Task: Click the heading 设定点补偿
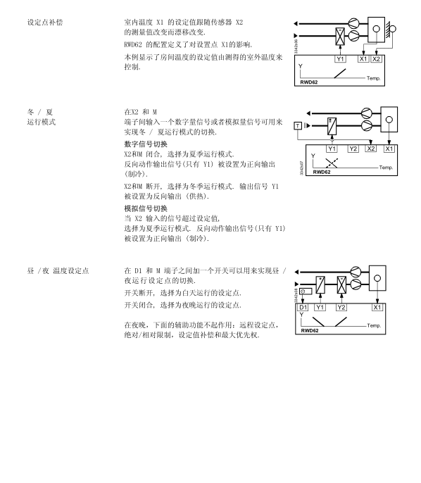pyautogui.click(x=45, y=23)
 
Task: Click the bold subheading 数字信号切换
pyautogui.click(x=146, y=144)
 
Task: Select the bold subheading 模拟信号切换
pyautogui.click(x=146, y=208)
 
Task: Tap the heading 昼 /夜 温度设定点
pyautogui.click(x=58, y=271)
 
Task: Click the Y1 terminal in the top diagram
pyautogui.click(x=340, y=59)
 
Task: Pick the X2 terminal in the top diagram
pyautogui.click(x=377, y=59)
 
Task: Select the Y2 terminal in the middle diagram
pyautogui.click(x=353, y=149)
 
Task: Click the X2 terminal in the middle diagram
pyautogui.click(x=371, y=149)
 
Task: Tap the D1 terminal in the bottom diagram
pyautogui.click(x=303, y=307)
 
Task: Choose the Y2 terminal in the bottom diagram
pyautogui.click(x=341, y=307)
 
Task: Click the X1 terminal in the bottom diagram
pyautogui.click(x=377, y=307)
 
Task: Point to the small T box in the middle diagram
pyautogui.click(x=298, y=125)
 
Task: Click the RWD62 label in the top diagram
pyautogui.click(x=309, y=82)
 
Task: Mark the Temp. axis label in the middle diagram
pyautogui.click(x=386, y=168)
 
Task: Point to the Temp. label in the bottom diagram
pyautogui.click(x=374, y=325)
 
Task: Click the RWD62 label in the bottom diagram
pyautogui.click(x=310, y=330)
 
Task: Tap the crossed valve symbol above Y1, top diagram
pyautogui.click(x=340, y=37)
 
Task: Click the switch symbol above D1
pyautogui.click(x=306, y=291)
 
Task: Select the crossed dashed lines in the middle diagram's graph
pyautogui.click(x=332, y=163)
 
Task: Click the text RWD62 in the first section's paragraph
pyautogui.click(x=133, y=44)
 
